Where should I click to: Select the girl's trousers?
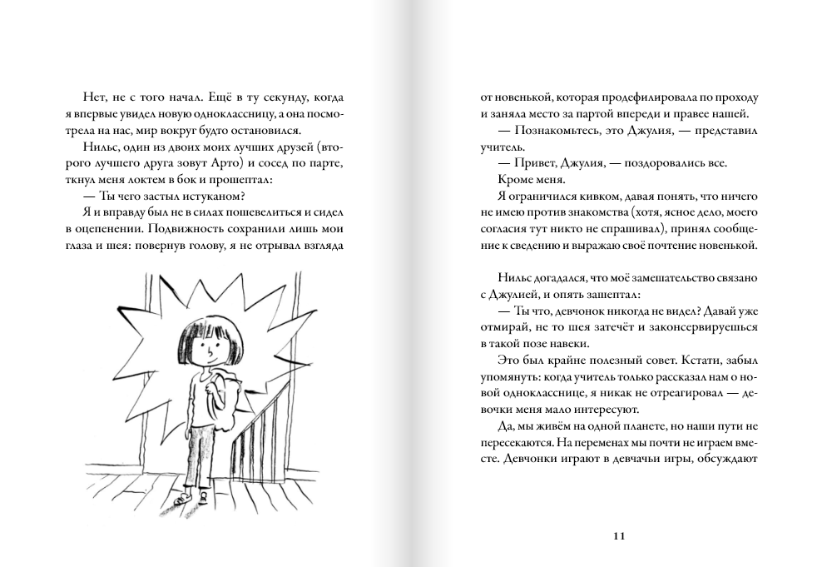tap(202, 454)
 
